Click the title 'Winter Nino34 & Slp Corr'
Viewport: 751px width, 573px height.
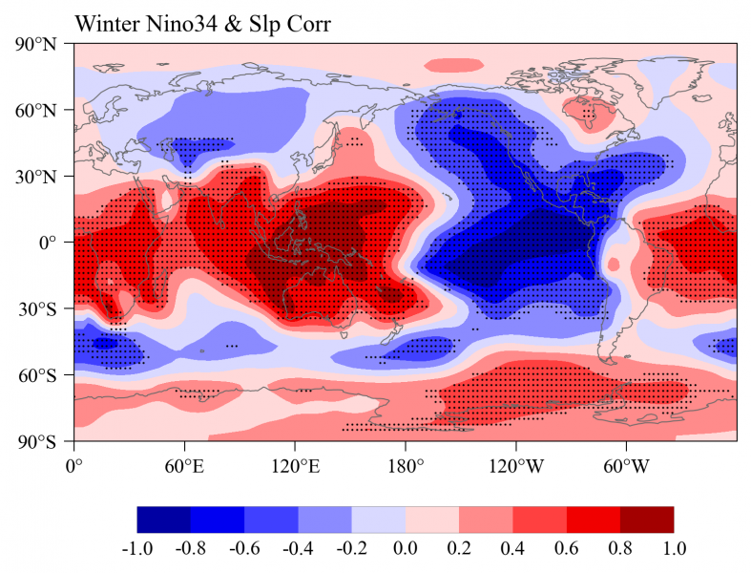point(202,24)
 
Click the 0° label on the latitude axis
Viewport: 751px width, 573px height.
point(53,243)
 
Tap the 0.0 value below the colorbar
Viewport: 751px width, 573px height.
point(406,549)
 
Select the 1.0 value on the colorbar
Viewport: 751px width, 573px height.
point(674,549)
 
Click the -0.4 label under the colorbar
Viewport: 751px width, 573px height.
point(299,549)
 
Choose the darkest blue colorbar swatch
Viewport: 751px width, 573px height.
point(164,519)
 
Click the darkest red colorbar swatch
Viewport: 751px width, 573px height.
point(647,519)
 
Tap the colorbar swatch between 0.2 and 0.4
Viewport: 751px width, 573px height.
point(486,519)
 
